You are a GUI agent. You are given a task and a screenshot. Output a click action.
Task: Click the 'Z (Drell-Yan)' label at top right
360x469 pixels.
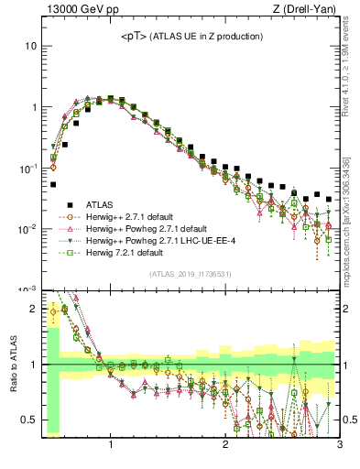(x=309, y=10)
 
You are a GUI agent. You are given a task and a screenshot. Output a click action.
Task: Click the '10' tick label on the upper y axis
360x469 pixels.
(x=30, y=46)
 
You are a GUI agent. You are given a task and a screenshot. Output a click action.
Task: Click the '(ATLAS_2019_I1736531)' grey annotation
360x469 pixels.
(x=191, y=274)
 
